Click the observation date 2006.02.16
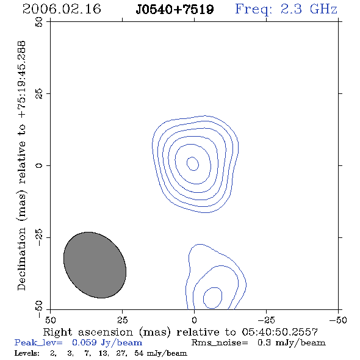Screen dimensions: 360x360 [x=62, y=9]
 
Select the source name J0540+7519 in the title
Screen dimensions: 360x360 [x=175, y=10]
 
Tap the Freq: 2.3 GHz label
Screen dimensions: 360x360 [x=286, y=10]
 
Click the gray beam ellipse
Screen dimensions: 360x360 [x=95, y=265]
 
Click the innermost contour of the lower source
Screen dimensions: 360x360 [x=203, y=298]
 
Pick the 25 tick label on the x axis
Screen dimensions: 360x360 [x=122, y=320]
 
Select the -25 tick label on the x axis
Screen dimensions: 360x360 [x=266, y=320]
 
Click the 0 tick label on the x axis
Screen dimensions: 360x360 [x=194, y=320]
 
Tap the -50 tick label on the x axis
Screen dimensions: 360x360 [x=338, y=320]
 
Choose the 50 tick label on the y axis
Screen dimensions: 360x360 [x=39, y=22]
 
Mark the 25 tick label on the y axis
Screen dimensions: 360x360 [x=39, y=94]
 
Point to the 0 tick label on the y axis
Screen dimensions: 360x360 [x=39, y=165]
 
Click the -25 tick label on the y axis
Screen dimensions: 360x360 [x=39, y=237]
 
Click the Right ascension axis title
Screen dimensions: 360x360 [x=181, y=332]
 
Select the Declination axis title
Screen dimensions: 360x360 [x=21, y=166]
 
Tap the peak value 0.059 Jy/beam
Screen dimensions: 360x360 [x=107, y=343]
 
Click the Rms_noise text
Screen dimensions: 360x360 [x=220, y=343]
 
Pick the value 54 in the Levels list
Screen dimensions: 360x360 [x=139, y=353]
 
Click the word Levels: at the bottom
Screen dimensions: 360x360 [x=27, y=353]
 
